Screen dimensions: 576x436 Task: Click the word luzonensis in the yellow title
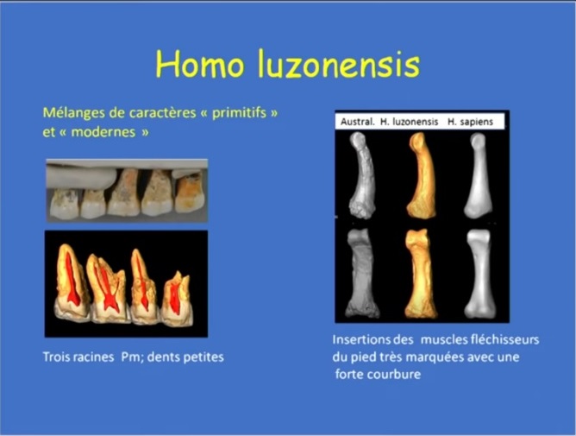(339, 64)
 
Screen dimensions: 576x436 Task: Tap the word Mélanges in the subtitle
(74, 113)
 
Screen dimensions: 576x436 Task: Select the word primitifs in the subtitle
(239, 113)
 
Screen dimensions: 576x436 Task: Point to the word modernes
(103, 132)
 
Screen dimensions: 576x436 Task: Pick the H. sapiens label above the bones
(470, 122)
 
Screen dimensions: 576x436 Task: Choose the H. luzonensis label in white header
(410, 122)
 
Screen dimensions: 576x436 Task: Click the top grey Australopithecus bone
(362, 175)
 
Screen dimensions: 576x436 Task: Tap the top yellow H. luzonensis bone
(422, 175)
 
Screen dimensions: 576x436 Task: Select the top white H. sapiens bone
(478, 175)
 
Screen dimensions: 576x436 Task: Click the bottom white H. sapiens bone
(479, 274)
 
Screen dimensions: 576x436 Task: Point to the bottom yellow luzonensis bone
(421, 274)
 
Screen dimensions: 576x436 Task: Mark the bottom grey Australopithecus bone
(361, 273)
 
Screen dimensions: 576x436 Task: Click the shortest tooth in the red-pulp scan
(177, 300)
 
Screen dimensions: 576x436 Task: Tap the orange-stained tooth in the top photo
(190, 193)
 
